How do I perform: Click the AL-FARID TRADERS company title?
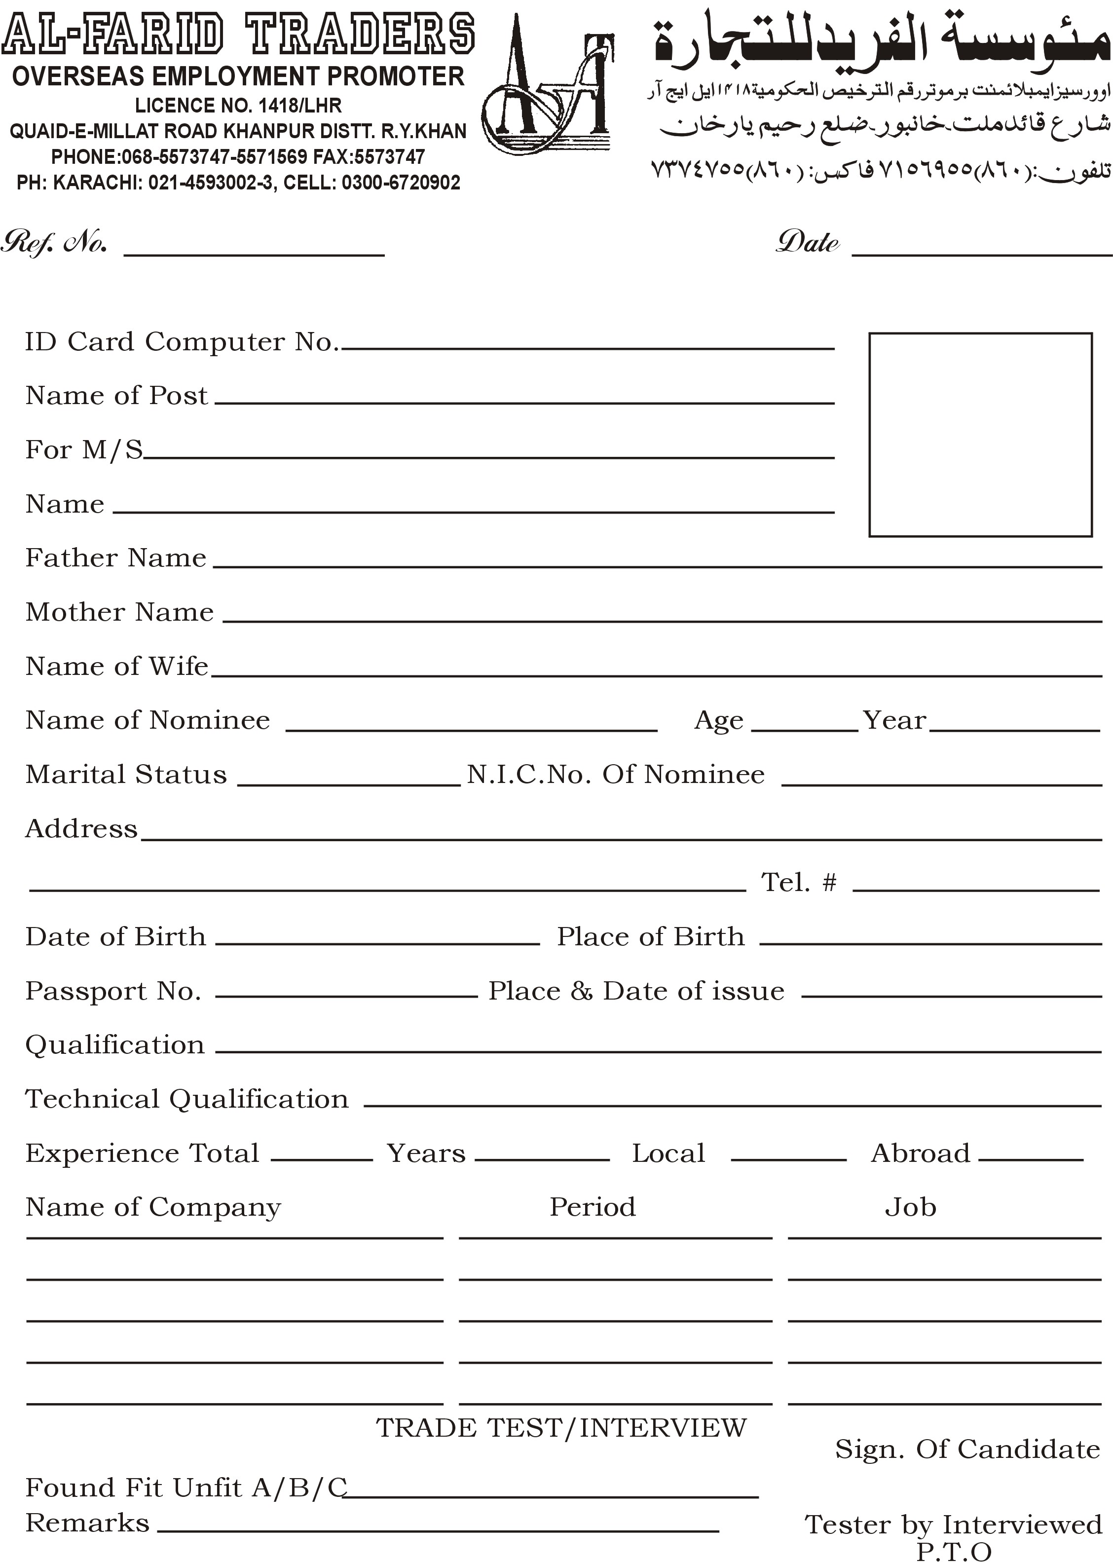coord(238,34)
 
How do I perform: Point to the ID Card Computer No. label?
coord(182,341)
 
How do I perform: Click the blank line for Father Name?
coord(657,566)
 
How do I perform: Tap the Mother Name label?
coord(119,611)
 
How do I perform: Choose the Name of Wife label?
coord(116,666)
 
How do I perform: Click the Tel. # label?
coord(798,882)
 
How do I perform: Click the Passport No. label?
coord(113,991)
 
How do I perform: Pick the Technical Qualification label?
coord(186,1099)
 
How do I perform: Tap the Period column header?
coord(592,1207)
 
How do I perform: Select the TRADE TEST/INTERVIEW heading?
coord(560,1428)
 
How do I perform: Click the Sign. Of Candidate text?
coord(967,1449)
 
